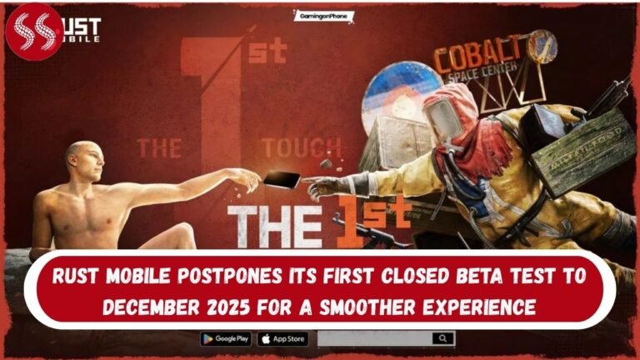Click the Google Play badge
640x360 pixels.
(226, 339)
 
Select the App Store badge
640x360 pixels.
(282, 339)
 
